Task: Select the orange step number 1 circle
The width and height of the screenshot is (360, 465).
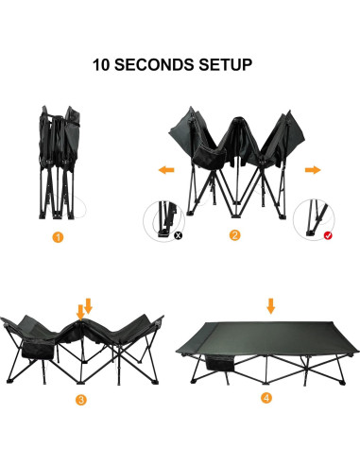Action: pos(58,237)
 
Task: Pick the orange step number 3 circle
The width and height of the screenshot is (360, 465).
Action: pos(81,401)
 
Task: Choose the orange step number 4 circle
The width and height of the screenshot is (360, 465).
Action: pos(267,397)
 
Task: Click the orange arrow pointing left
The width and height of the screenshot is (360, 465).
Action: pos(166,170)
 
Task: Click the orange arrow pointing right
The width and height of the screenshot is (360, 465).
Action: pos(309,170)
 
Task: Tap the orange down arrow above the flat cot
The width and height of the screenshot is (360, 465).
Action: pos(271,304)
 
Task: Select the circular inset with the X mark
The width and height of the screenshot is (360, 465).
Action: pos(162,219)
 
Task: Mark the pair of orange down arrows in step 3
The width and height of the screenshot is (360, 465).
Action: pos(84,307)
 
